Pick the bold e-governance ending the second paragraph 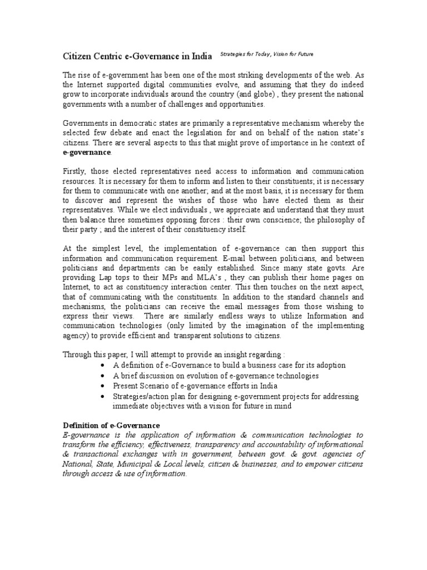tap(86, 153)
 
